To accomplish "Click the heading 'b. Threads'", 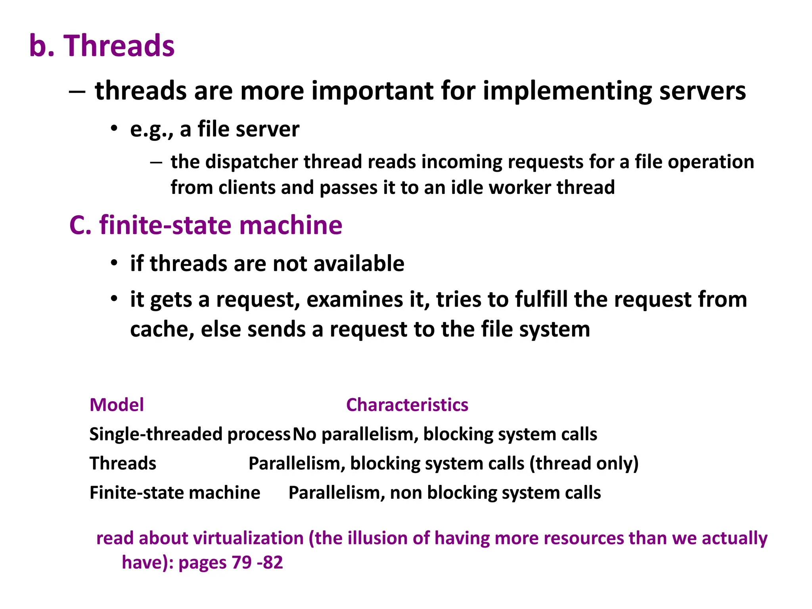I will [x=101, y=46].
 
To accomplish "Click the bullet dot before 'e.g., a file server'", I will [x=114, y=129].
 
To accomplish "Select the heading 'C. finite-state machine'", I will [x=205, y=225].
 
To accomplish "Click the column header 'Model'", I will [x=117, y=405].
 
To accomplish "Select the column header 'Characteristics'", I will [x=407, y=405].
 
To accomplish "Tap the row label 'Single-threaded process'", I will [x=190, y=435].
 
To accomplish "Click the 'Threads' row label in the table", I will [x=123, y=463].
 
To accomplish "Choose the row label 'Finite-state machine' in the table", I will [x=175, y=493].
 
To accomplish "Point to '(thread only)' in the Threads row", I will [x=584, y=463].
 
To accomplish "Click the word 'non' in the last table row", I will [x=405, y=493].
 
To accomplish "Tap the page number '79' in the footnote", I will [x=241, y=563].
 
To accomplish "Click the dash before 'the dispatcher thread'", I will [x=156, y=162].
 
